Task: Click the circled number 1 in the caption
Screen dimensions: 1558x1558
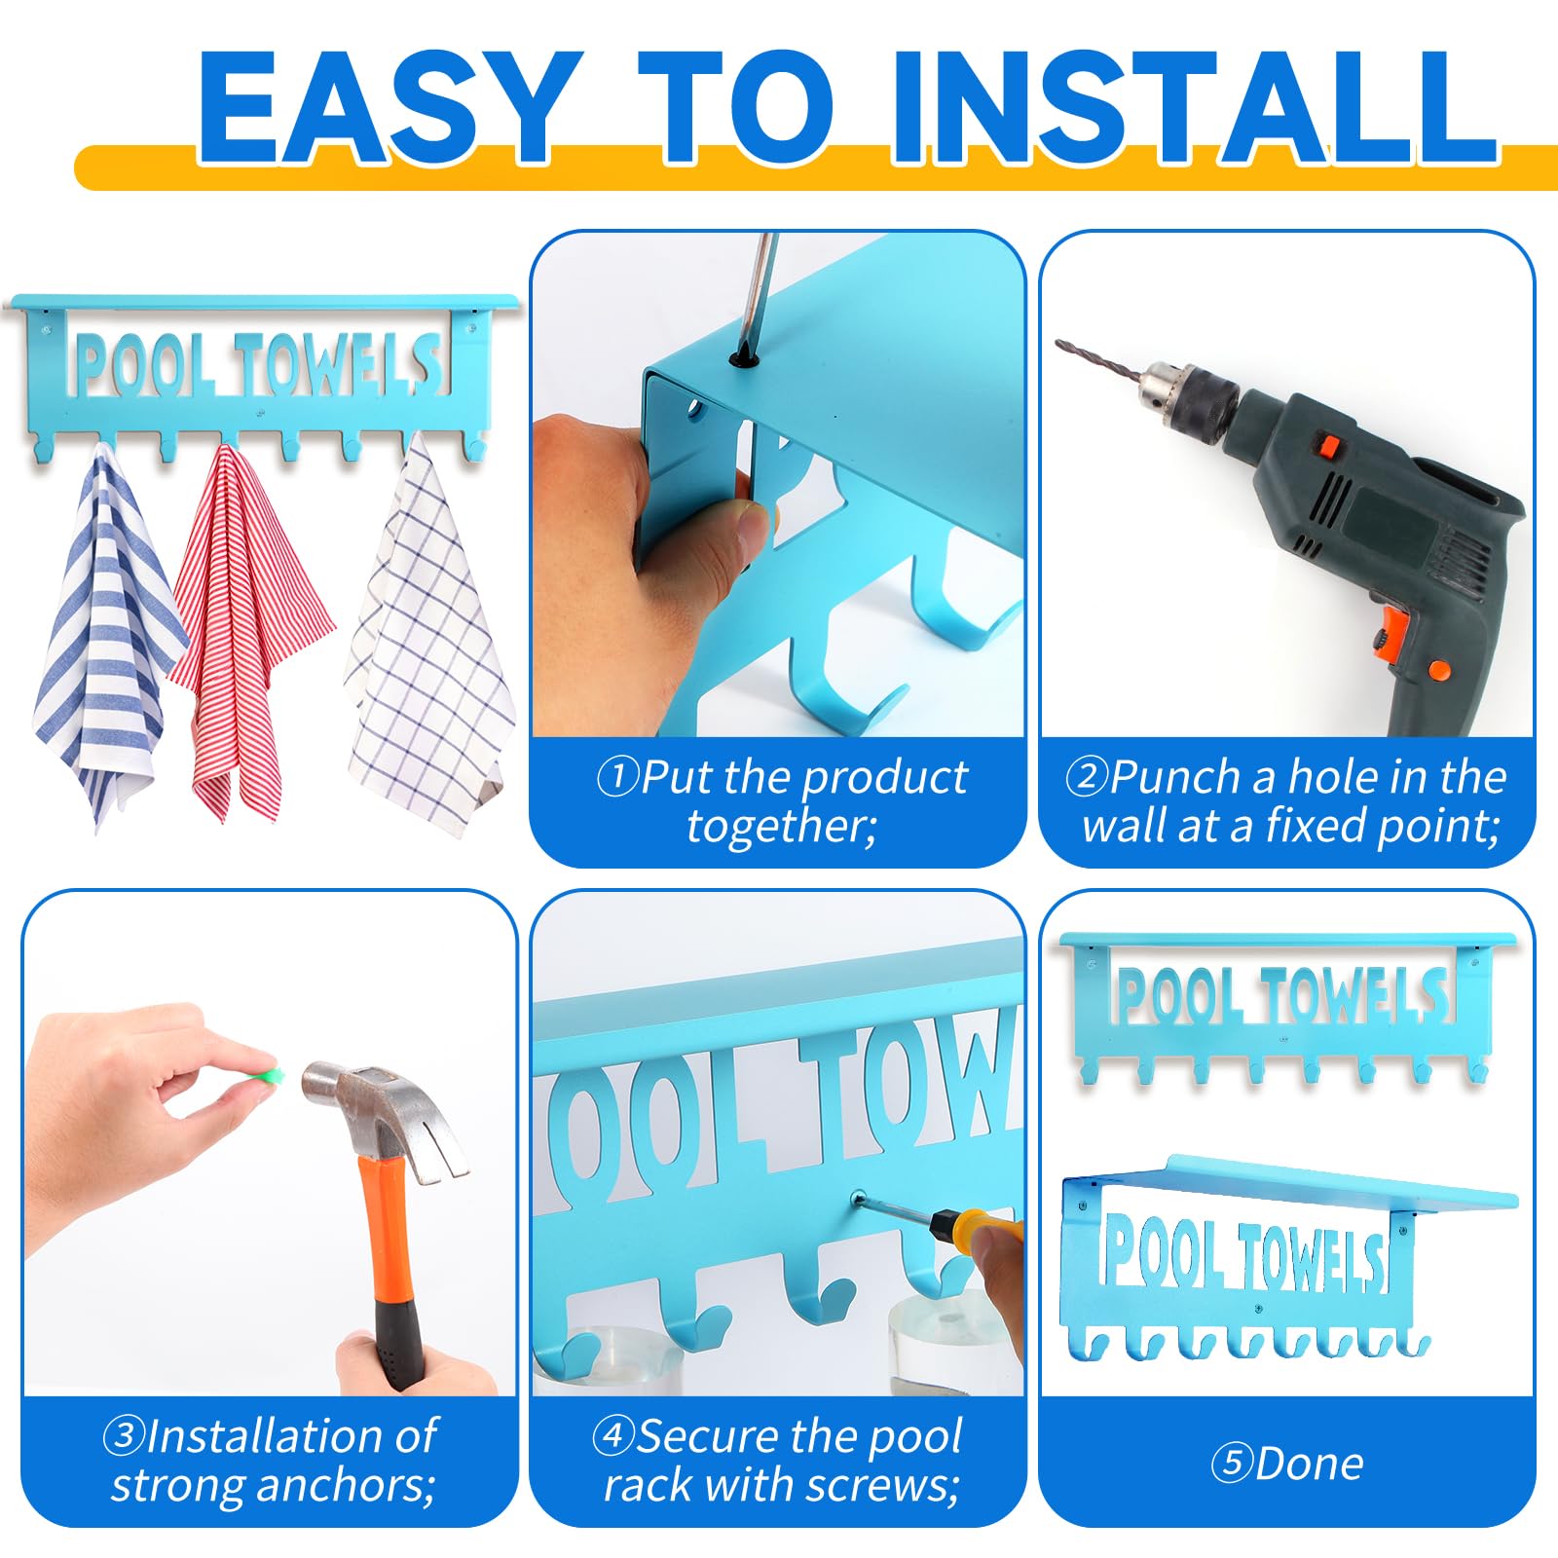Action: (617, 777)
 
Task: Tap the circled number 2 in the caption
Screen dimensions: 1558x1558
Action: (1087, 777)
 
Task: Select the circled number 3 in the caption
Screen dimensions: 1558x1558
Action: (125, 1435)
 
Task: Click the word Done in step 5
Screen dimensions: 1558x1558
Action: (1310, 1464)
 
